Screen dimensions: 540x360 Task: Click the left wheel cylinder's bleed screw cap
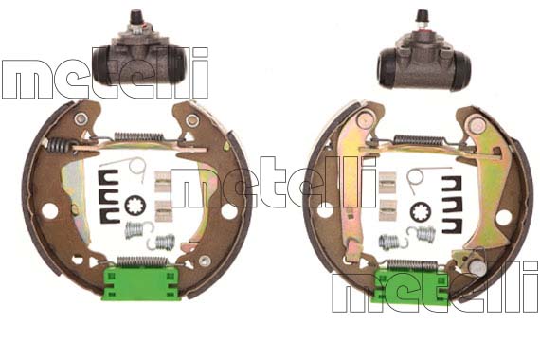(x=135, y=16)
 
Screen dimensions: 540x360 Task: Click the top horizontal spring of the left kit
(x=137, y=136)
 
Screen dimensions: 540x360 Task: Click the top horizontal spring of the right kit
(x=419, y=139)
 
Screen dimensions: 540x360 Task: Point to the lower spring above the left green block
(x=142, y=261)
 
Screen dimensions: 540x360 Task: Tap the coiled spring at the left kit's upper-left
(x=58, y=145)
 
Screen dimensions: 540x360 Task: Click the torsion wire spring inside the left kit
(x=134, y=165)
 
